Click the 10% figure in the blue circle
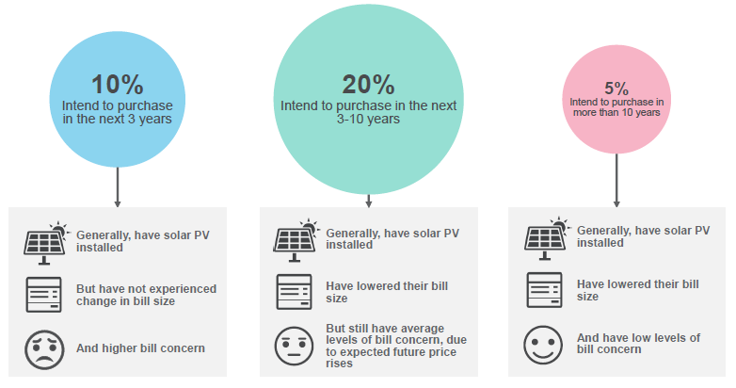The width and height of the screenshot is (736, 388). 118,85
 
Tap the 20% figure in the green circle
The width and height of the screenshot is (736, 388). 368,85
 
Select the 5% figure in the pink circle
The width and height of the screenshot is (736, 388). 616,89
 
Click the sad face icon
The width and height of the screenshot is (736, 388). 44,349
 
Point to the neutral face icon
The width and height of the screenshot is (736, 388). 294,347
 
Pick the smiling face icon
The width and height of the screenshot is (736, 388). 543,345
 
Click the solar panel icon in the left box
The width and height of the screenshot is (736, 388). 46,243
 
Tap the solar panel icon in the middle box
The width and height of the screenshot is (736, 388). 296,240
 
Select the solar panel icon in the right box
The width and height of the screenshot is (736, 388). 547,238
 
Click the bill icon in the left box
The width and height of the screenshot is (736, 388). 43,295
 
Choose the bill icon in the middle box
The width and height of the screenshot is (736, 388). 294,292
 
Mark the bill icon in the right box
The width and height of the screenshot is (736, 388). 545,290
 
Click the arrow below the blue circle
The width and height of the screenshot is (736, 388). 118,187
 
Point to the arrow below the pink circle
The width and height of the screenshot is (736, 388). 616,181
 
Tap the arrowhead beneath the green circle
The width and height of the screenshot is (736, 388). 368,203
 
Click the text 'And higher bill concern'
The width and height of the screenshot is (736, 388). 141,348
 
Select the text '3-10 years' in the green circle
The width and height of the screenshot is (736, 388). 368,120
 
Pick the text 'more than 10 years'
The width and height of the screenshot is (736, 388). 616,113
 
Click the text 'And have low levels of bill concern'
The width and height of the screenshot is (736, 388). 638,344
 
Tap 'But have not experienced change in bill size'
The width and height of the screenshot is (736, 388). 147,295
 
